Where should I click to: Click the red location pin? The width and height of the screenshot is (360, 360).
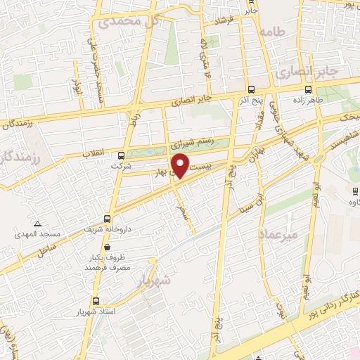[x=181, y=165]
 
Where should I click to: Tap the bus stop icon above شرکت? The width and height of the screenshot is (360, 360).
[x=121, y=155]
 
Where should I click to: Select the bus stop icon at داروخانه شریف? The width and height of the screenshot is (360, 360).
[x=107, y=218]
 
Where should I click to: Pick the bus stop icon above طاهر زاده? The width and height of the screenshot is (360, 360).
[x=309, y=89]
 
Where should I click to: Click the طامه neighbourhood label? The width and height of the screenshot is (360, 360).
[x=271, y=32]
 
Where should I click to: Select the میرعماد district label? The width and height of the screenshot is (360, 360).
[x=279, y=233]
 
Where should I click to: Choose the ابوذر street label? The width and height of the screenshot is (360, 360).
[x=78, y=87]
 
